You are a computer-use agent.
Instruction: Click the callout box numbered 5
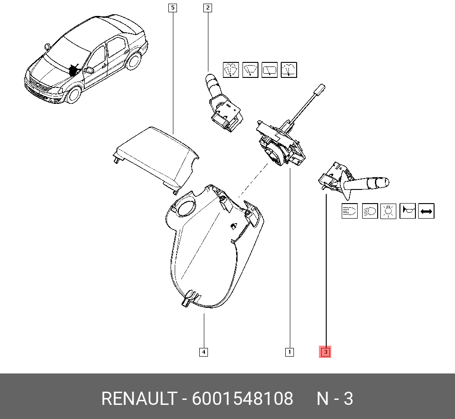click(x=172, y=8)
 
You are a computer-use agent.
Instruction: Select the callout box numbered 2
click(x=208, y=8)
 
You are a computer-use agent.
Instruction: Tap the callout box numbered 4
click(x=204, y=352)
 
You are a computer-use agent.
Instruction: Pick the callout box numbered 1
click(x=289, y=352)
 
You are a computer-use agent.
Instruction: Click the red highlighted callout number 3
click(x=325, y=352)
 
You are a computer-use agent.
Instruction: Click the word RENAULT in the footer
click(x=139, y=399)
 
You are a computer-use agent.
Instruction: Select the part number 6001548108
click(x=243, y=399)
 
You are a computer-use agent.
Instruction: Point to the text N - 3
click(x=334, y=399)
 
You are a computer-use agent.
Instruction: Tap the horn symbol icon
click(x=407, y=211)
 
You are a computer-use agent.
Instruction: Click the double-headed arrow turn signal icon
click(x=426, y=211)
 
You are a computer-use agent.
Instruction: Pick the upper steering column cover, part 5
click(x=156, y=159)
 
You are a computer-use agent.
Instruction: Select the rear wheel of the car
click(x=134, y=61)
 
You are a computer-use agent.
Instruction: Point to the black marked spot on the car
click(x=73, y=71)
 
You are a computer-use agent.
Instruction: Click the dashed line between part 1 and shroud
click(x=253, y=180)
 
